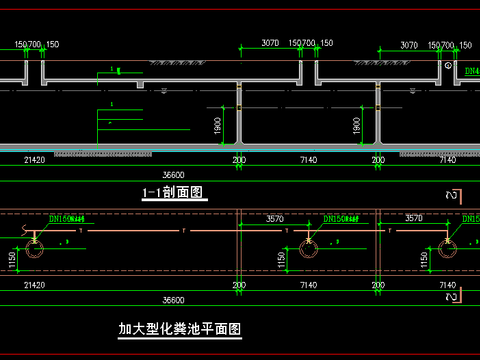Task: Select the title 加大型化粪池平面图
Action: click(x=180, y=328)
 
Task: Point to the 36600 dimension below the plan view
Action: click(x=174, y=299)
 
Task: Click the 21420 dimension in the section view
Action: click(x=34, y=159)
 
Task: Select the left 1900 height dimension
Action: click(x=218, y=125)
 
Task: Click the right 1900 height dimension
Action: click(x=357, y=125)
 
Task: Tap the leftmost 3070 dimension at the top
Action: click(x=270, y=45)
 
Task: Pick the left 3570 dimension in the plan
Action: click(x=275, y=217)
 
